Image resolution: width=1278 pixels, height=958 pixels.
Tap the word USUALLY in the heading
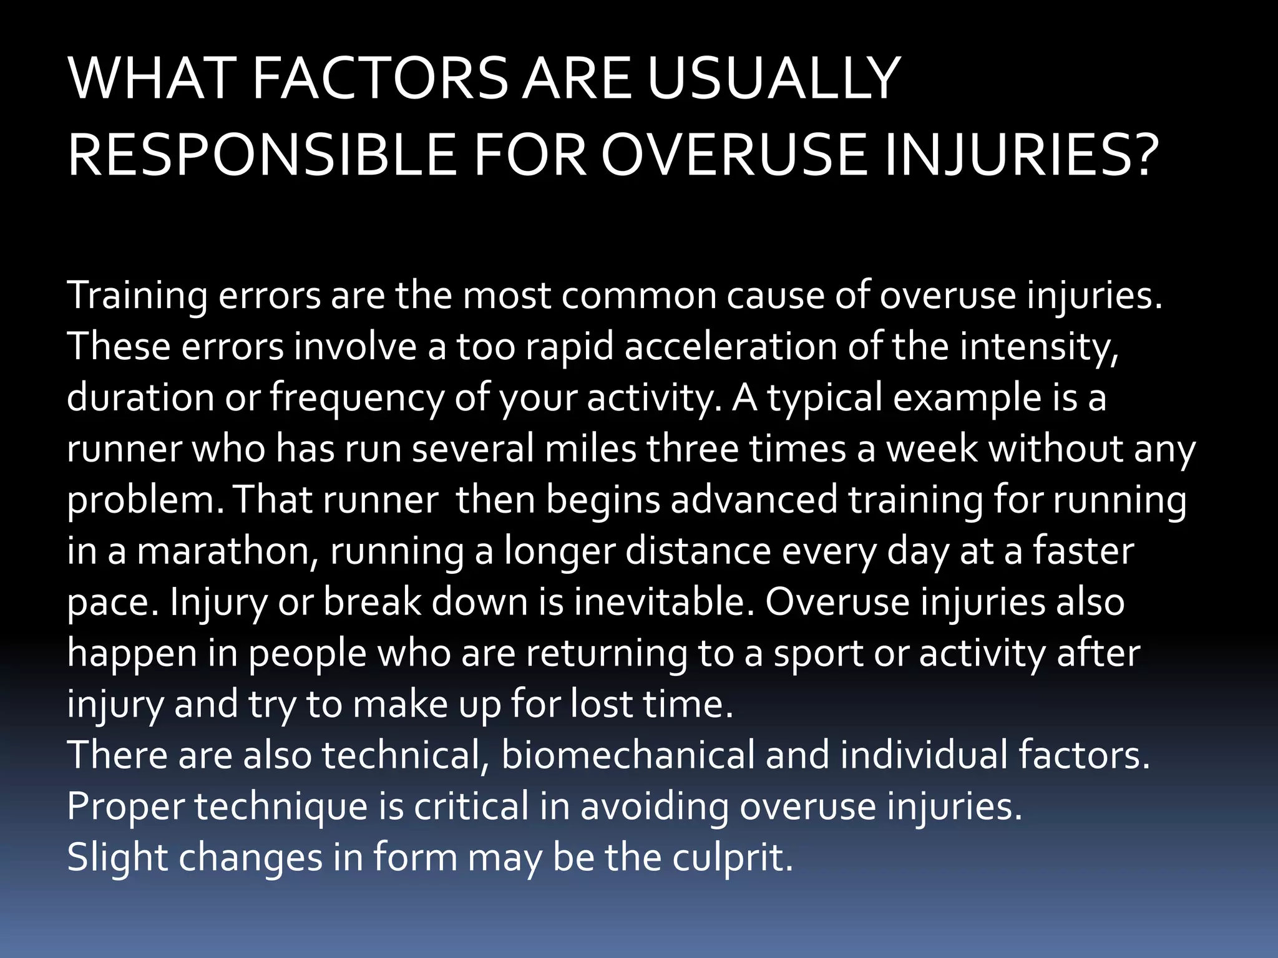[774, 79]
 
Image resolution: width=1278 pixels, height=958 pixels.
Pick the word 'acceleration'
[730, 346]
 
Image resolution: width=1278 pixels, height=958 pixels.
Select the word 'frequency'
[356, 398]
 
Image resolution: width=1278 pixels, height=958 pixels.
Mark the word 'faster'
[1083, 551]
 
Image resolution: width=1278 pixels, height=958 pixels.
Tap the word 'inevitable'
[664, 602]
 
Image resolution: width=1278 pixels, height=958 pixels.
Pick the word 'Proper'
[125, 806]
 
